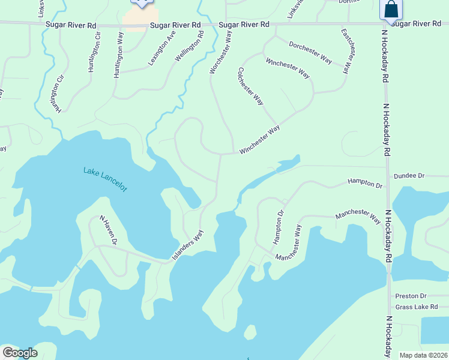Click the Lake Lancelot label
[105, 179]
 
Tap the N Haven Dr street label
[107, 230]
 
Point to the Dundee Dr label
[409, 176]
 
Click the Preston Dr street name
[411, 296]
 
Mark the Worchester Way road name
[220, 53]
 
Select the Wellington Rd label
[190, 46]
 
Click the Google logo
[20, 353]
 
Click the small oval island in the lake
[250, 332]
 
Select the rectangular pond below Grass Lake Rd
[435, 329]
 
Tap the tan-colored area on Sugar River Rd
[140, 18]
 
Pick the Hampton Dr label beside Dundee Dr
[365, 184]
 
